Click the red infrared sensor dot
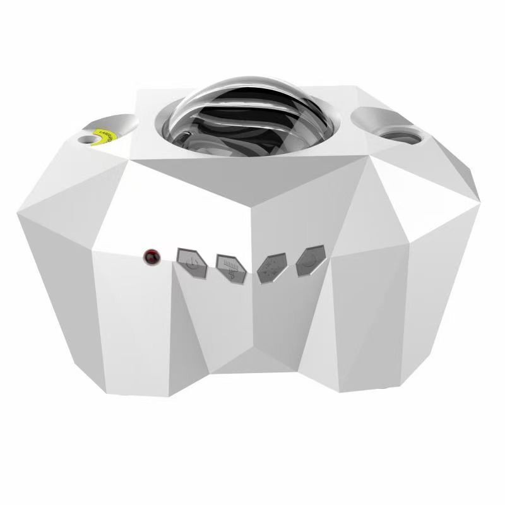151,257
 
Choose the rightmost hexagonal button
309,260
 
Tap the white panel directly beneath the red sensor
133,316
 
